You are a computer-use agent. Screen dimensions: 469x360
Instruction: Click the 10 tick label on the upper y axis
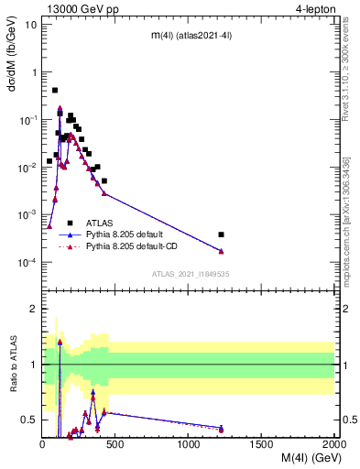(31, 24)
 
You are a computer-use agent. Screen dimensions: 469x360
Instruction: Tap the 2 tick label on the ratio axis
(33, 309)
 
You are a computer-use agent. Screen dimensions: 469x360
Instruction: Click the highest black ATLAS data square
(55, 91)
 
